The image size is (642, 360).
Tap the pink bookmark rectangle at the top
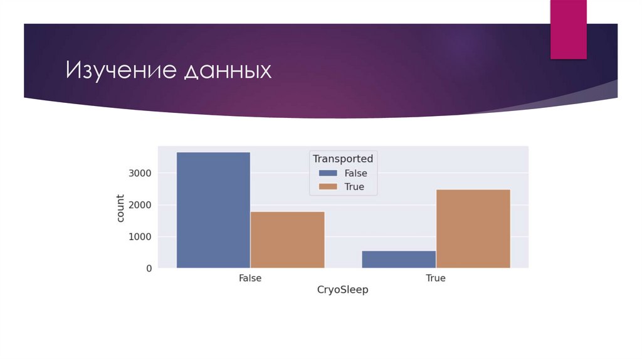[568, 29]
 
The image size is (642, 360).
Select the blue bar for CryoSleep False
[213, 210]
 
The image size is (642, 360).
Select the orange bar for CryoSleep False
[287, 240]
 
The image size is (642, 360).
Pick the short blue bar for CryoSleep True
[399, 259]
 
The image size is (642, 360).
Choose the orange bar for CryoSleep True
[473, 228]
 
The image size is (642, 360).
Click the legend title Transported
[343, 159]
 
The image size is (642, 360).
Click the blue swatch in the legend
[327, 173]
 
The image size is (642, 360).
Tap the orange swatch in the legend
[327, 186]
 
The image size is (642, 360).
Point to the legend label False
[356, 173]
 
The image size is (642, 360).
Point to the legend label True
[354, 186]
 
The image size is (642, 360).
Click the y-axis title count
[120, 209]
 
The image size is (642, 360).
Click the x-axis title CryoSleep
[342, 290]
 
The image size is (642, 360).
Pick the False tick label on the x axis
[250, 278]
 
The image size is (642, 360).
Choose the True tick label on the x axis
[435, 278]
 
